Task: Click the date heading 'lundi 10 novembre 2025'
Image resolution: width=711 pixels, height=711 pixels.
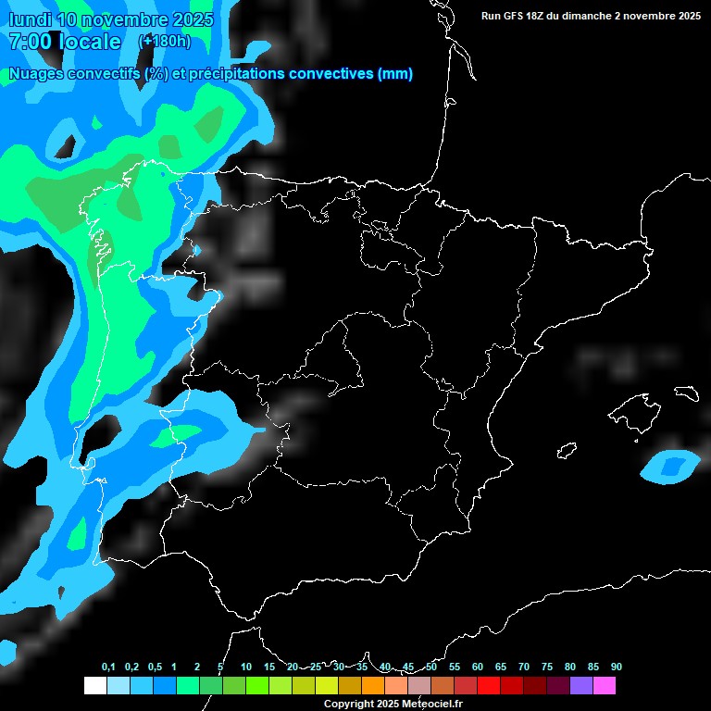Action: tap(110, 19)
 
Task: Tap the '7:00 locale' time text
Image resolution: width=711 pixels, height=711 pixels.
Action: tap(64, 42)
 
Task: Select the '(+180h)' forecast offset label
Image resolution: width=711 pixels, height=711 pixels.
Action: tap(165, 42)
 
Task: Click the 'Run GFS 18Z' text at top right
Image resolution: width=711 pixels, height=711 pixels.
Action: tap(524, 16)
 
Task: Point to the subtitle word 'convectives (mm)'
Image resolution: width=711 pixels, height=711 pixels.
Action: tap(351, 74)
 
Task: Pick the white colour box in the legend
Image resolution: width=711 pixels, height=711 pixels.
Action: tap(94, 686)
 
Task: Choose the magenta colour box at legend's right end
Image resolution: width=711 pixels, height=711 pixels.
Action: tap(605, 686)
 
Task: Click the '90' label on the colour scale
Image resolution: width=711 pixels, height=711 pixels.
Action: tap(616, 667)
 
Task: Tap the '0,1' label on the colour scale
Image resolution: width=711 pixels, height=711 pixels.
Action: tap(108, 667)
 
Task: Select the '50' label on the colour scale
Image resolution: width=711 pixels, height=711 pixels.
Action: tap(431, 667)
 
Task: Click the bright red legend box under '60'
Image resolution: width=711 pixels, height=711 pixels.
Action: tap(489, 686)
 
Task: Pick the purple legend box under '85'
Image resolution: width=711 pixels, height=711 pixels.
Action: tap(581, 686)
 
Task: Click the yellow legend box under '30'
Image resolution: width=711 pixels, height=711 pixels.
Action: tap(326, 686)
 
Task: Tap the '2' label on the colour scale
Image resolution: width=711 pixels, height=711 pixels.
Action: tap(197, 667)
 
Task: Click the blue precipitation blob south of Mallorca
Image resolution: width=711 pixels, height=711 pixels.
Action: tap(670, 466)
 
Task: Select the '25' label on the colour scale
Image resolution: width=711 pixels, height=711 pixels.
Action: tap(316, 667)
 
